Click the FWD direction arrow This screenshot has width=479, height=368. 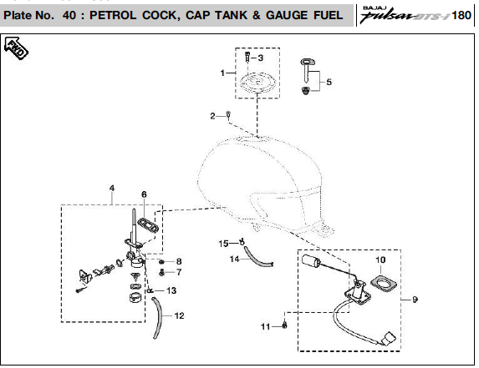[16, 48]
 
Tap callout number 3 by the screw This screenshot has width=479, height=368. [260, 58]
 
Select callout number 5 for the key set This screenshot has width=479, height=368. [329, 82]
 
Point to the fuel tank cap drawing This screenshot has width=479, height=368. [259, 83]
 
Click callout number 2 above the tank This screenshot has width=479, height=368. [212, 116]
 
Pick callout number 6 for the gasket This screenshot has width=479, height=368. [144, 194]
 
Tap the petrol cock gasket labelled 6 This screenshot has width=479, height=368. [148, 225]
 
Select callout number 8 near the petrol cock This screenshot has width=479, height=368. [179, 261]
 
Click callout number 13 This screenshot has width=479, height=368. [171, 290]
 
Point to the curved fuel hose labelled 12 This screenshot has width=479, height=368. [158, 318]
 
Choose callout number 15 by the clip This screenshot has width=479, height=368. [223, 244]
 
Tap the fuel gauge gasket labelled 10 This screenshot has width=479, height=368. [384, 283]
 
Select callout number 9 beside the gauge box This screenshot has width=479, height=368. [415, 300]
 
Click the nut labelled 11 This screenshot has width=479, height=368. [284, 325]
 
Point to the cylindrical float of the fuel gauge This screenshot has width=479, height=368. [311, 260]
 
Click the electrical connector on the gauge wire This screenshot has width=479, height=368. [389, 339]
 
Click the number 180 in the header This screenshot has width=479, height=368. [461, 15]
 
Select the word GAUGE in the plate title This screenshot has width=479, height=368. [287, 15]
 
